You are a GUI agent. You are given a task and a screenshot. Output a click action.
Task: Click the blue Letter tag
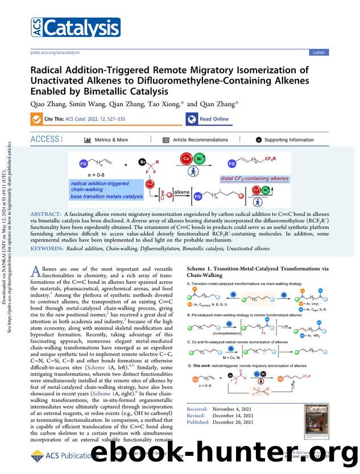pyautogui.click(x=318, y=52)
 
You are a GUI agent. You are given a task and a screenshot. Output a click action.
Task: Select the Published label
pyautogui.click(x=198, y=422)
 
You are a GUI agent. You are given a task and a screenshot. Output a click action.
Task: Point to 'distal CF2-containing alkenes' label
pyautogui.click(x=254, y=178)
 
